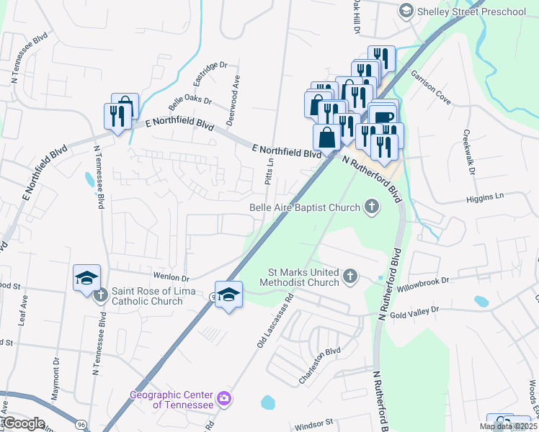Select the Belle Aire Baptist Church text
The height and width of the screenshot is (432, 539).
pyautogui.click(x=304, y=208)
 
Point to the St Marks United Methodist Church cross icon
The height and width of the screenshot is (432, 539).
pyautogui.click(x=349, y=276)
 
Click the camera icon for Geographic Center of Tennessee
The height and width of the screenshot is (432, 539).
pyautogui.click(x=224, y=398)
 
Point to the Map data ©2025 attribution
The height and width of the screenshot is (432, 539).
pyautogui.click(x=507, y=426)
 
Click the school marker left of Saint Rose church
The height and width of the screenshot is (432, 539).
pyautogui.click(x=86, y=279)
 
